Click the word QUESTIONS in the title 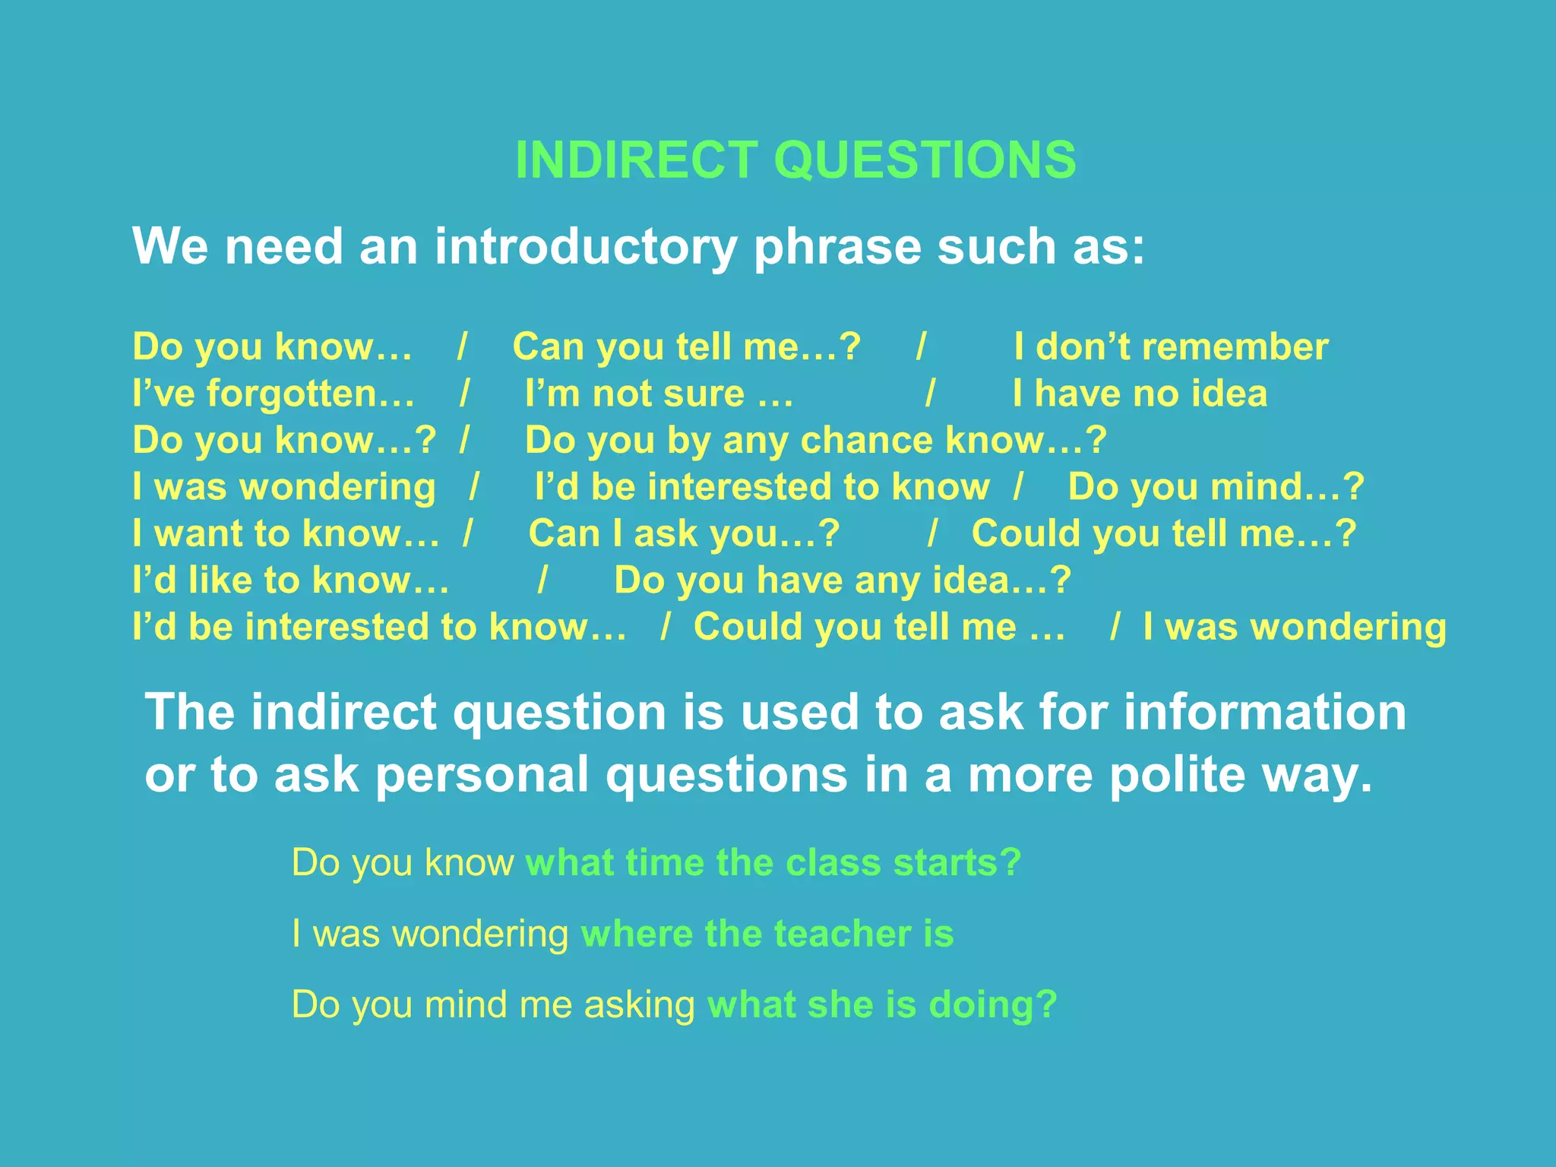(x=925, y=160)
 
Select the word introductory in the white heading (x=586, y=247)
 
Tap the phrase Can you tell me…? (x=687, y=347)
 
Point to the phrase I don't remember (x=1171, y=347)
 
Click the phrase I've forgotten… (x=274, y=394)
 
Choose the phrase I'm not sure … (x=659, y=394)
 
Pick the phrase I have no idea (x=1140, y=394)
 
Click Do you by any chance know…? (x=816, y=441)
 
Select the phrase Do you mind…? (x=1216, y=487)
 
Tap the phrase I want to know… (x=286, y=533)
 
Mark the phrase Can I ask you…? (x=684, y=533)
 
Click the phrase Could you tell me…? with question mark (x=1164, y=533)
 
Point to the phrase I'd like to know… (x=290, y=580)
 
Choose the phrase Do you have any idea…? (x=843, y=580)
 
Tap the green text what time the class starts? (x=773, y=863)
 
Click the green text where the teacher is (x=767, y=934)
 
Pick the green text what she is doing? (x=882, y=1004)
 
